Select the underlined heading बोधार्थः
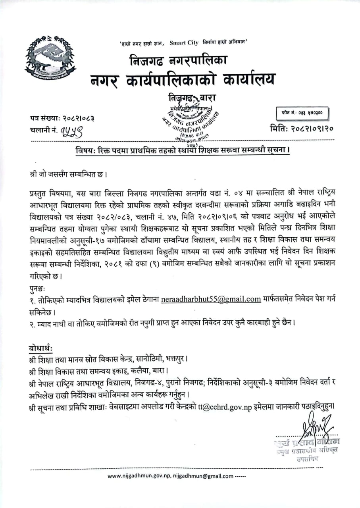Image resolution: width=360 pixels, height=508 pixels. tap(43, 348)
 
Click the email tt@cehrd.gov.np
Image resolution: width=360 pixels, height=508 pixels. tap(224, 406)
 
